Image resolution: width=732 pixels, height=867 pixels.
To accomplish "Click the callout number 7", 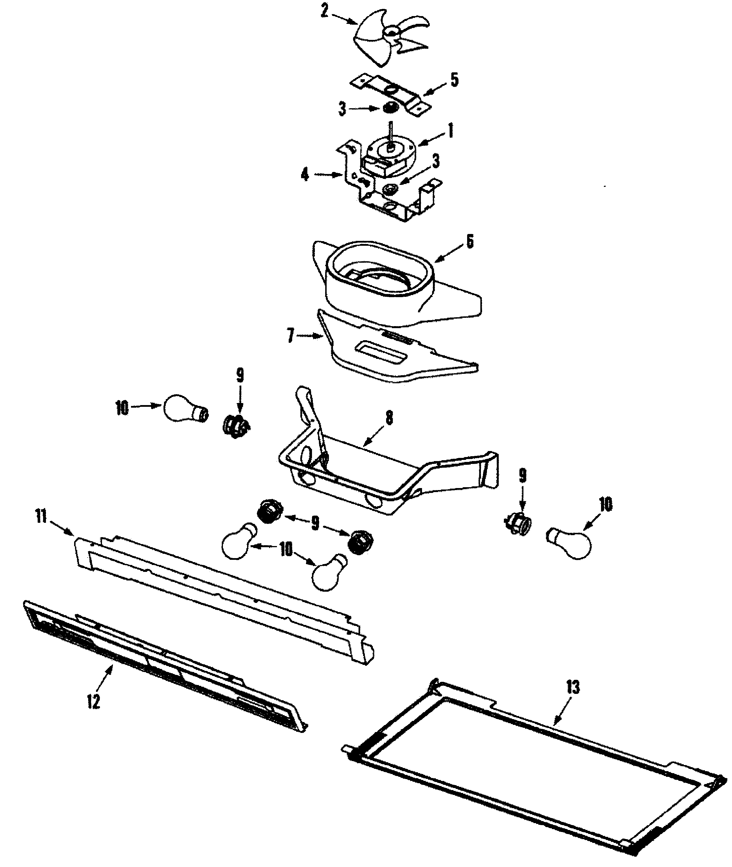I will tap(290, 336).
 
